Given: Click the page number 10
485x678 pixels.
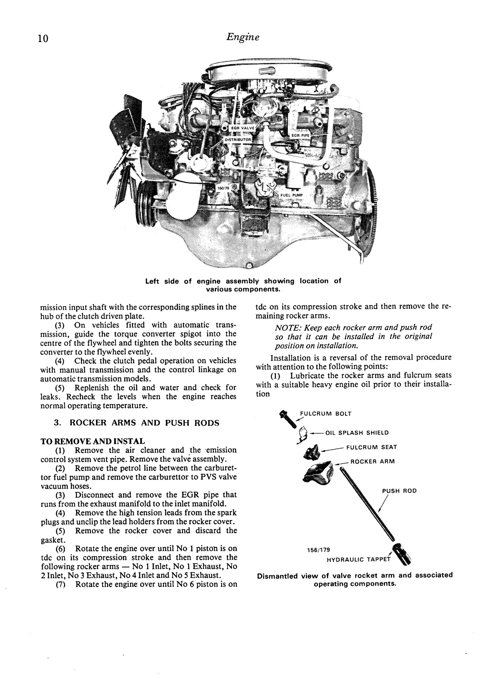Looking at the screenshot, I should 43,39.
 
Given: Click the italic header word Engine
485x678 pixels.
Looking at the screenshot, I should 242,37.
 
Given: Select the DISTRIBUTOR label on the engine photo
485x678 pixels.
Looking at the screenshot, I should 238,140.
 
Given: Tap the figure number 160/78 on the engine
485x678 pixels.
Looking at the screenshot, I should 223,188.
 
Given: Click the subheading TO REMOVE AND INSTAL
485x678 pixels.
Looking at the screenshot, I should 93,441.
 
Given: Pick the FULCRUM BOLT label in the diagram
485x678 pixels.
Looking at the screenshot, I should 325,414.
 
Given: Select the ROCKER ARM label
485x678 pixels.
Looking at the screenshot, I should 372,461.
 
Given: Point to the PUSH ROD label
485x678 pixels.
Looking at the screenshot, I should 399,491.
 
